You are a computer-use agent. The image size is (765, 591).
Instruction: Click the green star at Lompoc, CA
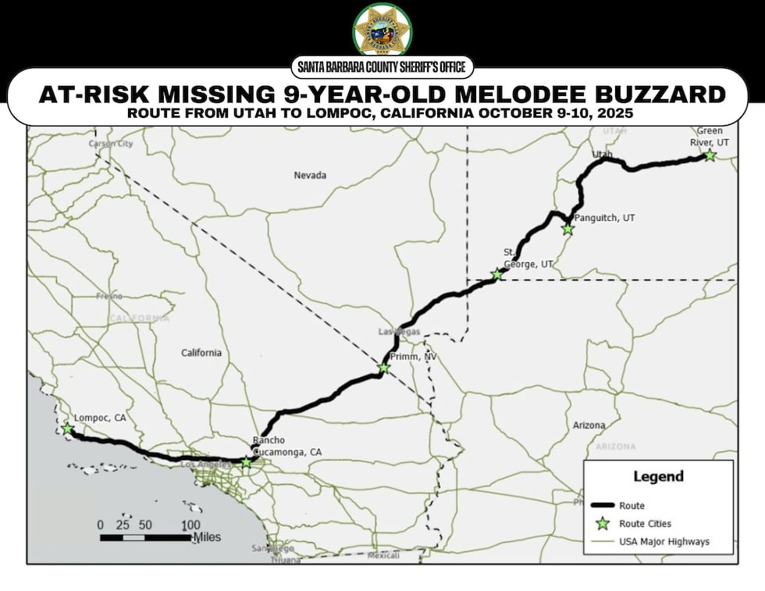68,429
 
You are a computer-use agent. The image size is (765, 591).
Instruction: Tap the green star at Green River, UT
710,155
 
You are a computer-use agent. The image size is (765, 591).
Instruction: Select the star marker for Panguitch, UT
568,230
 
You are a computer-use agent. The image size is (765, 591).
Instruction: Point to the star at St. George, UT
496,274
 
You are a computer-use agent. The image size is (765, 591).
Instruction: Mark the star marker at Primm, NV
383,368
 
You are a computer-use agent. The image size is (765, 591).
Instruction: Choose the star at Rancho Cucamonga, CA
247,462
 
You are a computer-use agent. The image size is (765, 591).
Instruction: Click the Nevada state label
310,175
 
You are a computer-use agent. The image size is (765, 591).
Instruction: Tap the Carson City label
111,144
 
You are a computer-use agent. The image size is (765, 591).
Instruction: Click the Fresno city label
109,297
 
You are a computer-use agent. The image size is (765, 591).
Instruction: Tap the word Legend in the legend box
657,476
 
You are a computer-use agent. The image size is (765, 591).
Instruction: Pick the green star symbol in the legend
602,524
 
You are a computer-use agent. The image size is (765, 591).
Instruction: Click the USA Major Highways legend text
664,542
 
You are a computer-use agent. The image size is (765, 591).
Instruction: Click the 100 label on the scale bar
190,524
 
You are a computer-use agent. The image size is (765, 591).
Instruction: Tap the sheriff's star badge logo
382,30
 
